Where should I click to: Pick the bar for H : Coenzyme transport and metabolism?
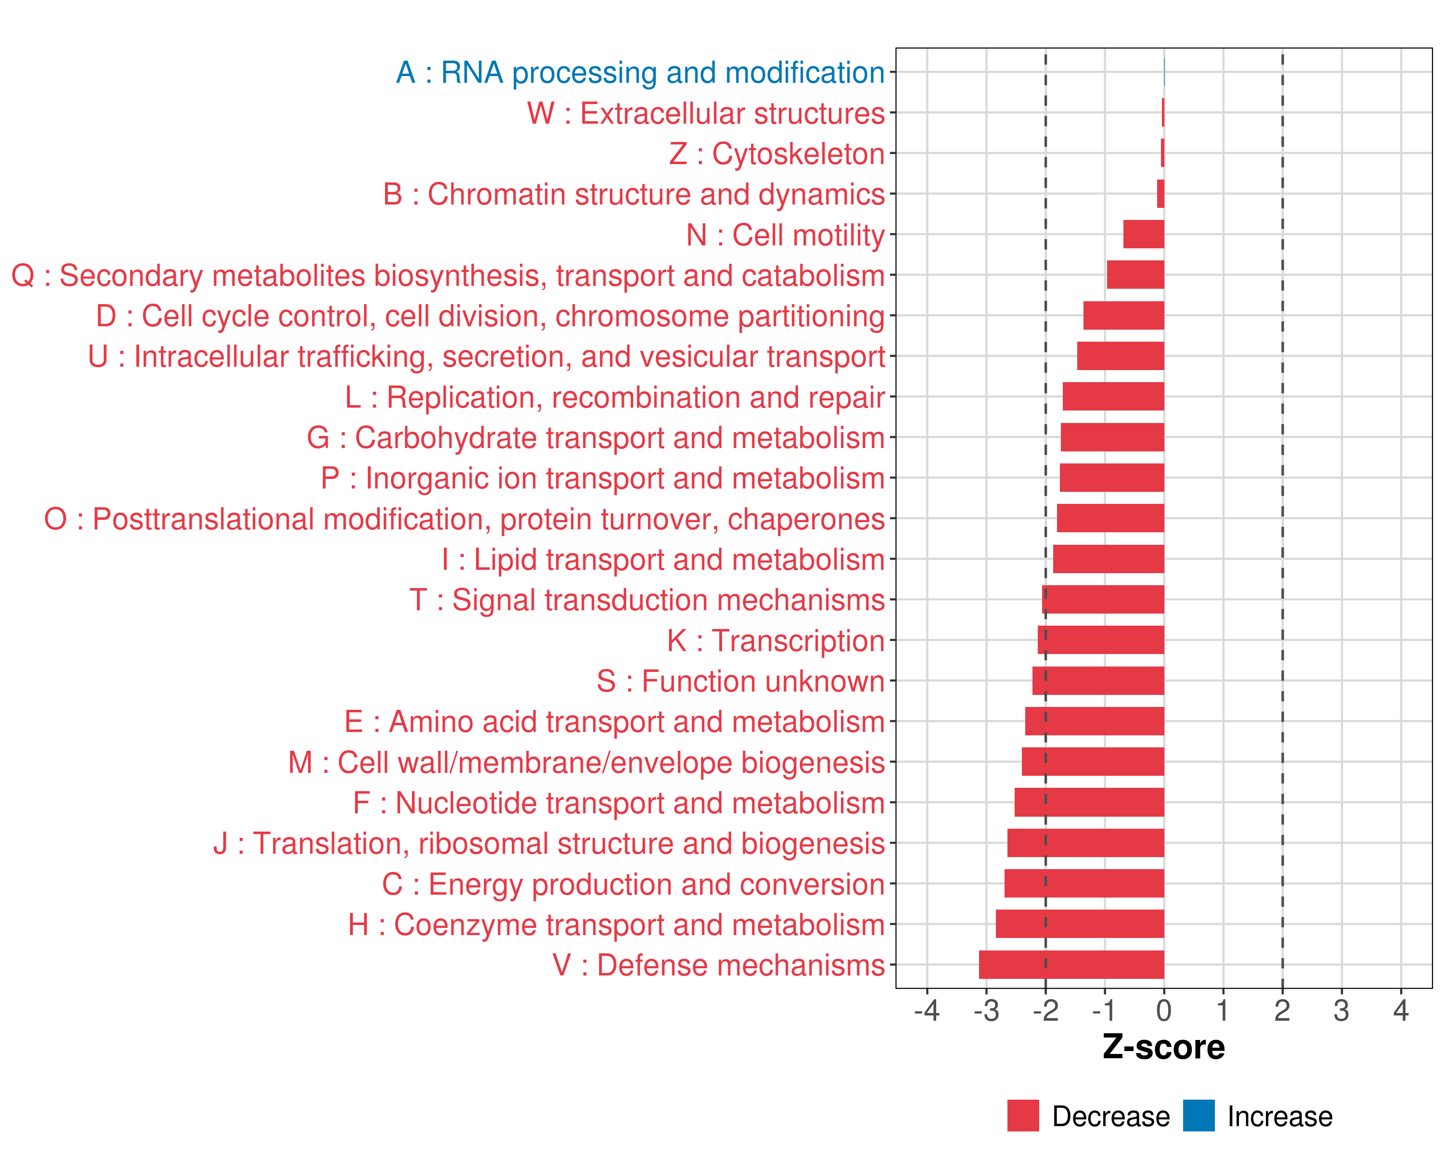[1080, 924]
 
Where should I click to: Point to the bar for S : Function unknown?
[1098, 681]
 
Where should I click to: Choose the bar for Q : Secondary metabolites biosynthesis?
[1135, 274]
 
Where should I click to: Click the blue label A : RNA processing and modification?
[640, 72]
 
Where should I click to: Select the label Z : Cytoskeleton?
[777, 154]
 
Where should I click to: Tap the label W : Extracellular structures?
[706, 113]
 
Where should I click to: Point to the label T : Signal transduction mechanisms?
[647, 600]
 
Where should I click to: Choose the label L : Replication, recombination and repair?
[615, 397]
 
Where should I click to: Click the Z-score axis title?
[1164, 1047]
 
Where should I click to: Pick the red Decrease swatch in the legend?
[1023, 1116]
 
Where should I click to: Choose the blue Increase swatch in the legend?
[1198, 1116]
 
